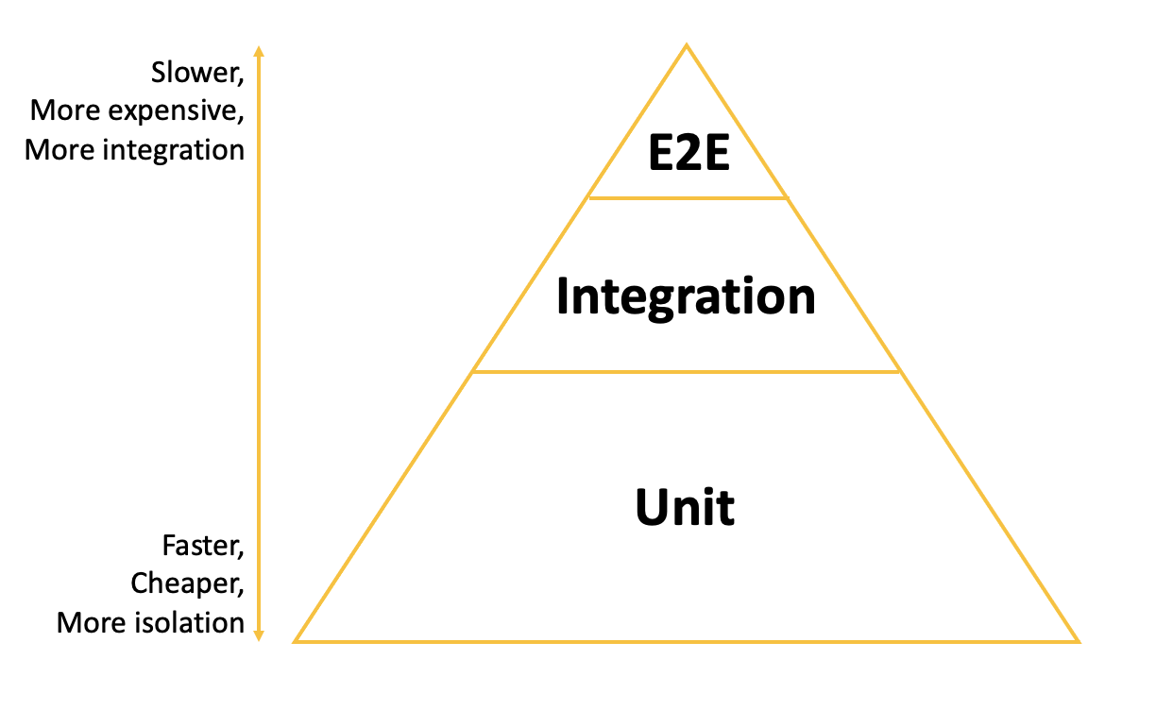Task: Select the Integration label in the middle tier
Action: point(687,296)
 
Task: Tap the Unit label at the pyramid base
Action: point(685,508)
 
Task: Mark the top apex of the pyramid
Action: point(687,45)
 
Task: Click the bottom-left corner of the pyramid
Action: point(296,641)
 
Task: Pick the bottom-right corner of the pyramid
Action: point(1078,641)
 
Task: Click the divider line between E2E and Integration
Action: point(687,198)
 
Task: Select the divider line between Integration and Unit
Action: point(687,372)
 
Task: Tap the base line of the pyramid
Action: point(687,642)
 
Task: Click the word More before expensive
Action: point(63,111)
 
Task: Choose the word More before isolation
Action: point(89,622)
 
